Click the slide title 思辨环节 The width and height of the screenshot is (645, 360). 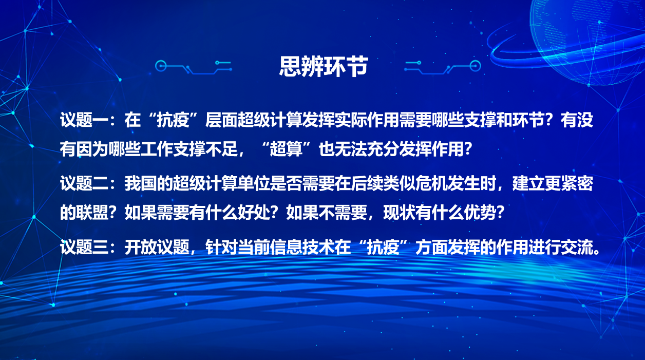click(324, 66)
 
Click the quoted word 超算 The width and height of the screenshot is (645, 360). click(286, 149)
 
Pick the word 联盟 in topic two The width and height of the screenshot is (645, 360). click(92, 213)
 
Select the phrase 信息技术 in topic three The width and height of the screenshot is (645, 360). click(302, 248)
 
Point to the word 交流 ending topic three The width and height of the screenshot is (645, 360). click(577, 248)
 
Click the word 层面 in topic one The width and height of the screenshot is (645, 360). click(221, 120)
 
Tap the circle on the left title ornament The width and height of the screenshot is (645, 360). click(161, 66)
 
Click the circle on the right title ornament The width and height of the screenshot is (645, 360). click(475, 66)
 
